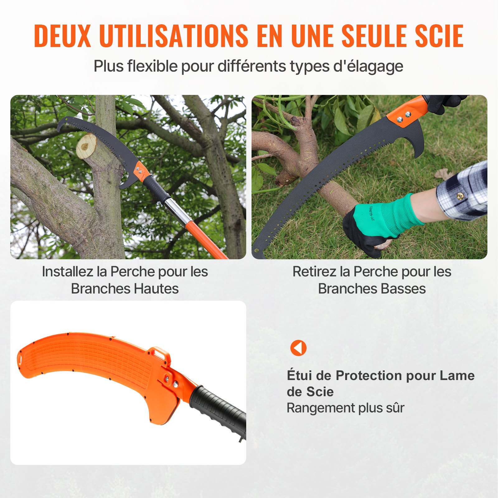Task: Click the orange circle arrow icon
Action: (298, 348)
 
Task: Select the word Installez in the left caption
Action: (68, 271)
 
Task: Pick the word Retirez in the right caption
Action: (315, 271)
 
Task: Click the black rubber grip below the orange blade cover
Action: (218, 408)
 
